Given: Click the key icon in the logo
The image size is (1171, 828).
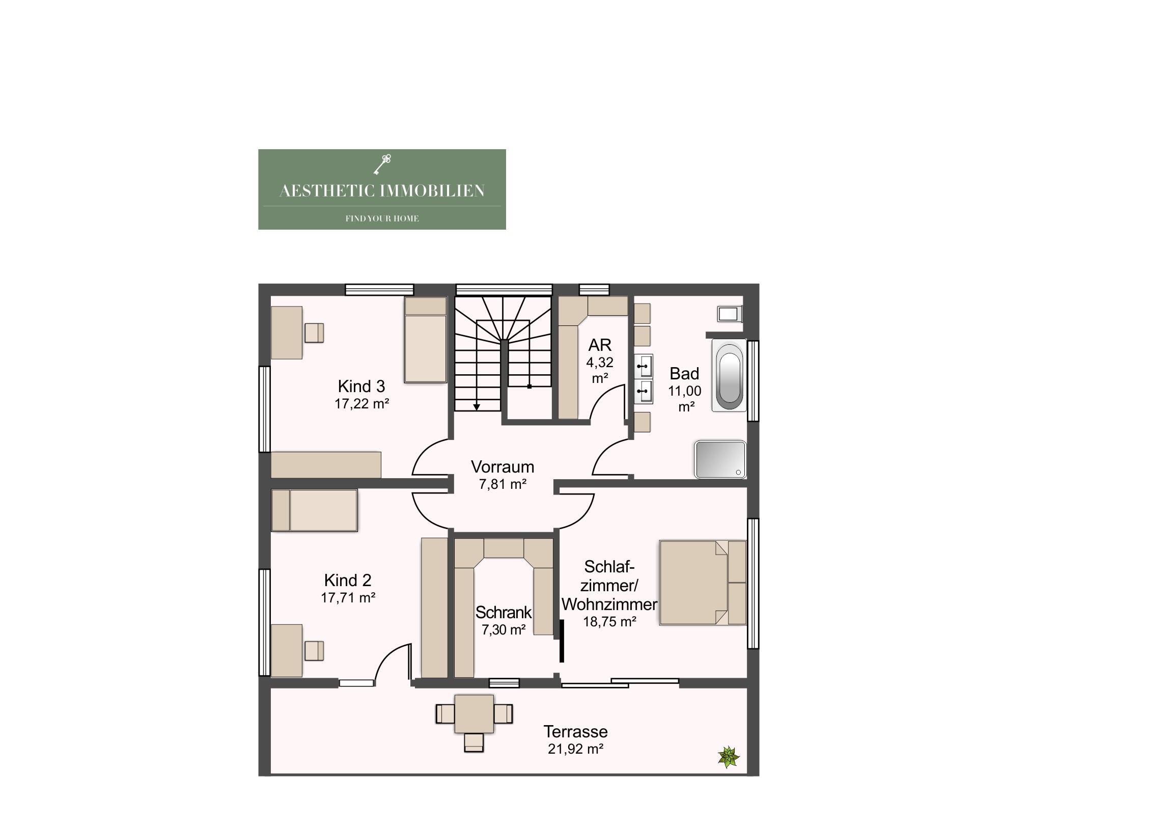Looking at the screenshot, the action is coord(382,164).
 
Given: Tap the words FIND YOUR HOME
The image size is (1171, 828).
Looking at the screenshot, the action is coord(382,218).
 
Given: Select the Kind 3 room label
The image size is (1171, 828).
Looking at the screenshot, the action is coord(361,386).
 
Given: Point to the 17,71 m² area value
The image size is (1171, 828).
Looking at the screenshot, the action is coord(348,597).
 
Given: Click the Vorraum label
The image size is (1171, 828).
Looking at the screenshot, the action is coord(503,467).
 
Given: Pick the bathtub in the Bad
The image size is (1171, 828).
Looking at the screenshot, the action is coord(729,375).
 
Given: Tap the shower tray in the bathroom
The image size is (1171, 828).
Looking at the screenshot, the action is coord(720,459).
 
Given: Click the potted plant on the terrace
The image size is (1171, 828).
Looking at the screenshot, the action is coord(729,757).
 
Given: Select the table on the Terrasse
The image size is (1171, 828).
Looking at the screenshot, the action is coord(475,714).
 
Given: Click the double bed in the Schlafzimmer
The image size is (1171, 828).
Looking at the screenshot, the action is coord(703,583).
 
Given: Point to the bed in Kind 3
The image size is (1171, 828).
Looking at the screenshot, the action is coord(425,340).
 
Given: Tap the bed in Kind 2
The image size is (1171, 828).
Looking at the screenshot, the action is coord(314,511).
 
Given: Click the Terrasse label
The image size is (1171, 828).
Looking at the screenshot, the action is coord(575,732).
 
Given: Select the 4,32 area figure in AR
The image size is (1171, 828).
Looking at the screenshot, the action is coord(600,362).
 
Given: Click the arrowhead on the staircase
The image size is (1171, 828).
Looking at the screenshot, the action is coord(477,407).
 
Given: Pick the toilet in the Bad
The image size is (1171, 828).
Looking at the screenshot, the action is coord(729,314).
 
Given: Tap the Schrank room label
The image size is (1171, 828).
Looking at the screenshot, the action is coord(504,612).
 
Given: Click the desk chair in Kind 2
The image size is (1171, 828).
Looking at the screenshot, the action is coord(314,651).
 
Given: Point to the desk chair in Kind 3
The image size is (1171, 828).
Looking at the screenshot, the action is coord(314,333).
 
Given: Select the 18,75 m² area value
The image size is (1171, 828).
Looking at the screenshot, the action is coord(609,622).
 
